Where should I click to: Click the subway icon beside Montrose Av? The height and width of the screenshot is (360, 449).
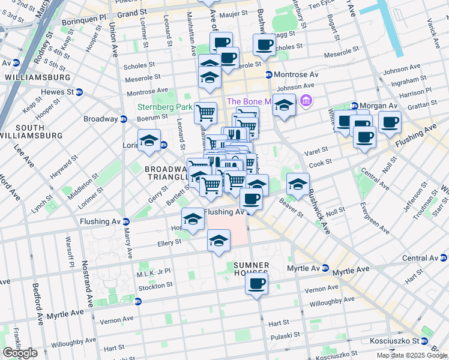(x=268, y=74)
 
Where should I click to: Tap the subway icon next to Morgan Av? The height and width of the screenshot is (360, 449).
(x=354, y=106)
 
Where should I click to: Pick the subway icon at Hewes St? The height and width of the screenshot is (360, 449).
(x=79, y=92)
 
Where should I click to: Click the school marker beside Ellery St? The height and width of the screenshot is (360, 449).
(x=218, y=241)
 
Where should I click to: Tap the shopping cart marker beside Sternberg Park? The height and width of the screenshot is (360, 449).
(x=206, y=112)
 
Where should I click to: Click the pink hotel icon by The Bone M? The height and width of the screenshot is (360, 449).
(x=306, y=100)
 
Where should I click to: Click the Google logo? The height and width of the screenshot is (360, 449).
(x=20, y=353)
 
